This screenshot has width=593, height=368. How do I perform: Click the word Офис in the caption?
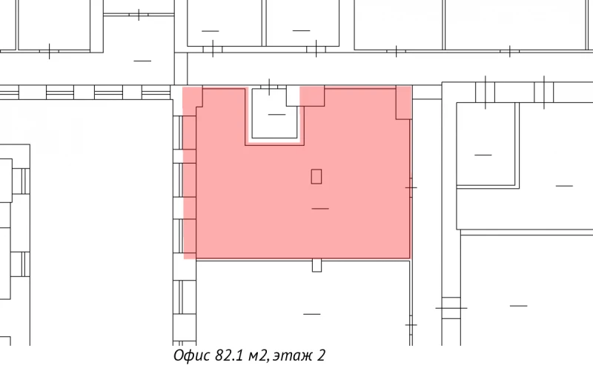(191, 356)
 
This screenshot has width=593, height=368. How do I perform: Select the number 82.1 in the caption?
(230, 356)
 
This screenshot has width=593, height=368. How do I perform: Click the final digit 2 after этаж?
(321, 356)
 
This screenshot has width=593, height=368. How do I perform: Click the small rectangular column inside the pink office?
(317, 176)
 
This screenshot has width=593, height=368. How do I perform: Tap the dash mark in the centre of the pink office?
(320, 209)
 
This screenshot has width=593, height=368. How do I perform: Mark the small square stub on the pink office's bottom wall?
(317, 264)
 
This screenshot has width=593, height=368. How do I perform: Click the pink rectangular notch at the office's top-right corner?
(404, 102)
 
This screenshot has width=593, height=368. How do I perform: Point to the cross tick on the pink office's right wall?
(411, 187)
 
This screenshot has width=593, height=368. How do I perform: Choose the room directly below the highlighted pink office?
(304, 304)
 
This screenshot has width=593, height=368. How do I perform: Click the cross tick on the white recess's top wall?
(269, 84)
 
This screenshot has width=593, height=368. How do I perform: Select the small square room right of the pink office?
(485, 144)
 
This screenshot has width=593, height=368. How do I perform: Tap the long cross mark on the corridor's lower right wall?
(451, 307)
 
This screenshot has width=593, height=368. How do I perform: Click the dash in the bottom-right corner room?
(518, 305)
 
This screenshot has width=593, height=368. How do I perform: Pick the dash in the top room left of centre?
(210, 30)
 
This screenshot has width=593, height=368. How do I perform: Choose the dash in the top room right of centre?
(300, 30)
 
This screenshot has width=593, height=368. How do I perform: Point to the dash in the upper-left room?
(142, 60)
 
